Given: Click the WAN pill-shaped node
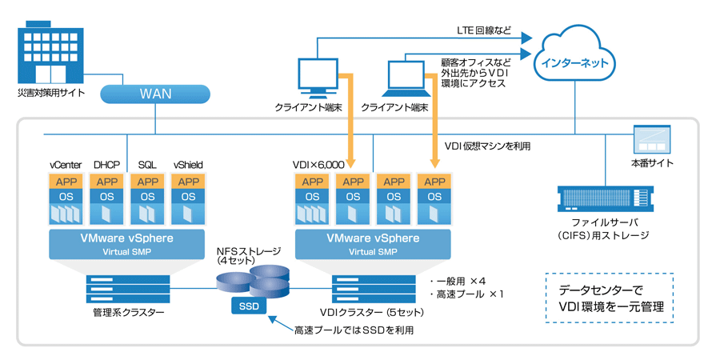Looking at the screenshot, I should click(x=155, y=94).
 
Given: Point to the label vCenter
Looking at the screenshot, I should click(x=66, y=165).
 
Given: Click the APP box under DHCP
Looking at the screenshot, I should click(x=106, y=181).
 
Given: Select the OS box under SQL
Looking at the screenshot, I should click(x=147, y=196).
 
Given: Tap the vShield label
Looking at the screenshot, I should click(x=189, y=165).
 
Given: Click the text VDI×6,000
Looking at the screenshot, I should click(x=319, y=165).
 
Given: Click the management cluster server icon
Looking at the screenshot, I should click(x=128, y=286).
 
